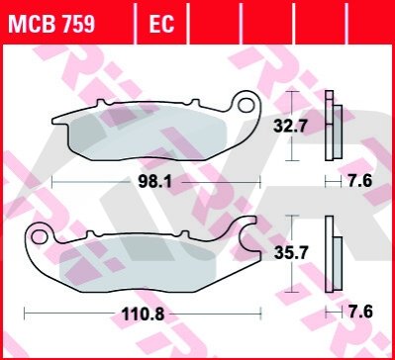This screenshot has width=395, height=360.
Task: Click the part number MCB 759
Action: pyautogui.click(x=51, y=24)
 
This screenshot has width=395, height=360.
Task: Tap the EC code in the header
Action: pyautogui.click(x=161, y=24)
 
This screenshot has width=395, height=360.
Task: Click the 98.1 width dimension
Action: pyautogui.click(x=155, y=182)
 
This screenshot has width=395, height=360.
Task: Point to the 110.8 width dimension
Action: pyautogui.click(x=143, y=315)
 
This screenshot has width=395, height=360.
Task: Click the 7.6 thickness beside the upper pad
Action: pyautogui.click(x=360, y=181)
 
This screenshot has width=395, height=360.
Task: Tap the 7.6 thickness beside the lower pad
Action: pyautogui.click(x=360, y=312)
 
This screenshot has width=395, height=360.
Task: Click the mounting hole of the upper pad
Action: pyautogui.click(x=246, y=106)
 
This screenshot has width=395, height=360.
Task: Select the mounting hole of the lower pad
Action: pyautogui.click(x=40, y=236)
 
